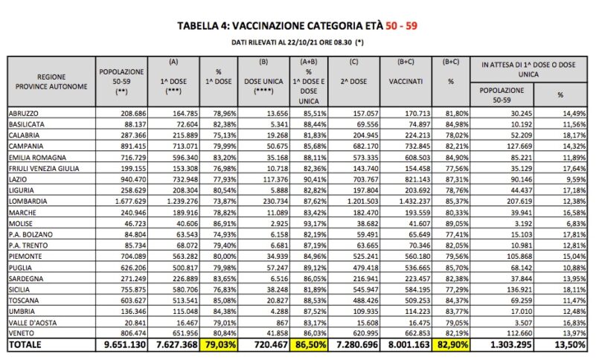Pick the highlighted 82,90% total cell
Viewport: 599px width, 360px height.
(x=453, y=345)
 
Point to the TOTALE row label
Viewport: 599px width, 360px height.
(x=27, y=345)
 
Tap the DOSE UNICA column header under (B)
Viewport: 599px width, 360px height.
(x=263, y=78)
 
